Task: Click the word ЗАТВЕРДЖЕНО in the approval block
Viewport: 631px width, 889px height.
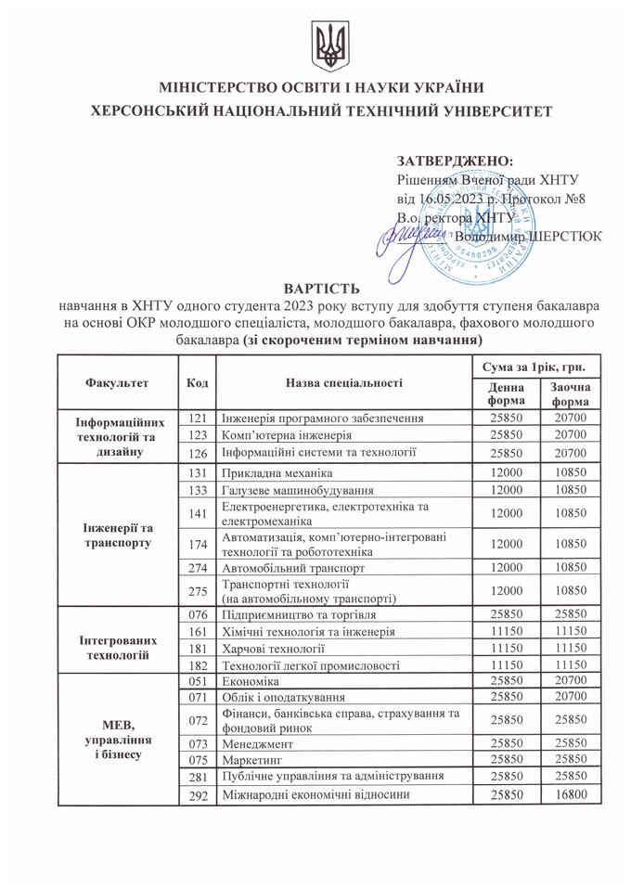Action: (x=447, y=161)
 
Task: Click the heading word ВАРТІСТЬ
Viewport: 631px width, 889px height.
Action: (x=315, y=288)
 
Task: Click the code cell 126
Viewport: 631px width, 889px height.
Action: (x=197, y=453)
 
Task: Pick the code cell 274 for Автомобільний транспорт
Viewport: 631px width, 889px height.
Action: (x=197, y=566)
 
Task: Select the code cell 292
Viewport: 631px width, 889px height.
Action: (x=197, y=795)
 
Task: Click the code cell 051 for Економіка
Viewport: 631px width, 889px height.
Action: (x=197, y=681)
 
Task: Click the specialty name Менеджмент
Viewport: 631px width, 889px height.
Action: (x=257, y=742)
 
